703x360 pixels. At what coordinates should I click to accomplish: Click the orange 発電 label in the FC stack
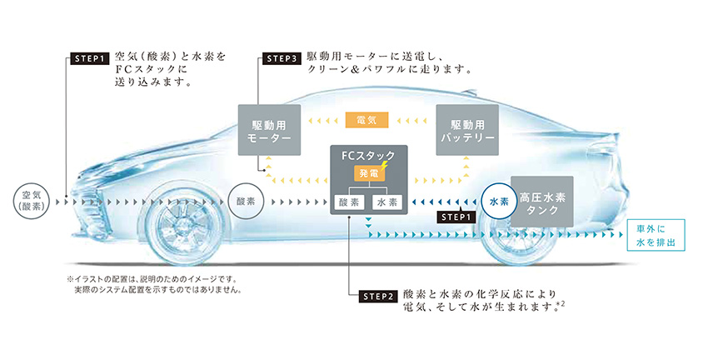(x=366, y=173)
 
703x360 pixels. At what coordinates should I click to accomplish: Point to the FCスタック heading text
(x=366, y=155)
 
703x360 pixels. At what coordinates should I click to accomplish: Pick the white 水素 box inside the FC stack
(x=385, y=202)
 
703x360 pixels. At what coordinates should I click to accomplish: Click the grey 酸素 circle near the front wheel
(x=245, y=201)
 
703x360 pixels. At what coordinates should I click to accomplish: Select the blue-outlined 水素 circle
(x=498, y=201)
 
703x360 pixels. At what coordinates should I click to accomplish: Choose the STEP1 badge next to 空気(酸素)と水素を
(x=87, y=58)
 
